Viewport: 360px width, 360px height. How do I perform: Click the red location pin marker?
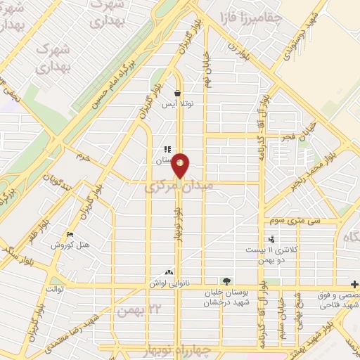(181, 165)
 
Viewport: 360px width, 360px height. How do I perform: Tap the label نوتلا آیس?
(178, 104)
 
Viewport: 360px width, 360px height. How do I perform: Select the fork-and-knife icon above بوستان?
(167, 149)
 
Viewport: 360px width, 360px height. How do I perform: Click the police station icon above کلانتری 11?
(271, 239)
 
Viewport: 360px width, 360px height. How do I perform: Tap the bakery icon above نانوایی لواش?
(168, 272)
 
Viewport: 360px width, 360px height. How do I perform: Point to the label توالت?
(54, 289)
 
